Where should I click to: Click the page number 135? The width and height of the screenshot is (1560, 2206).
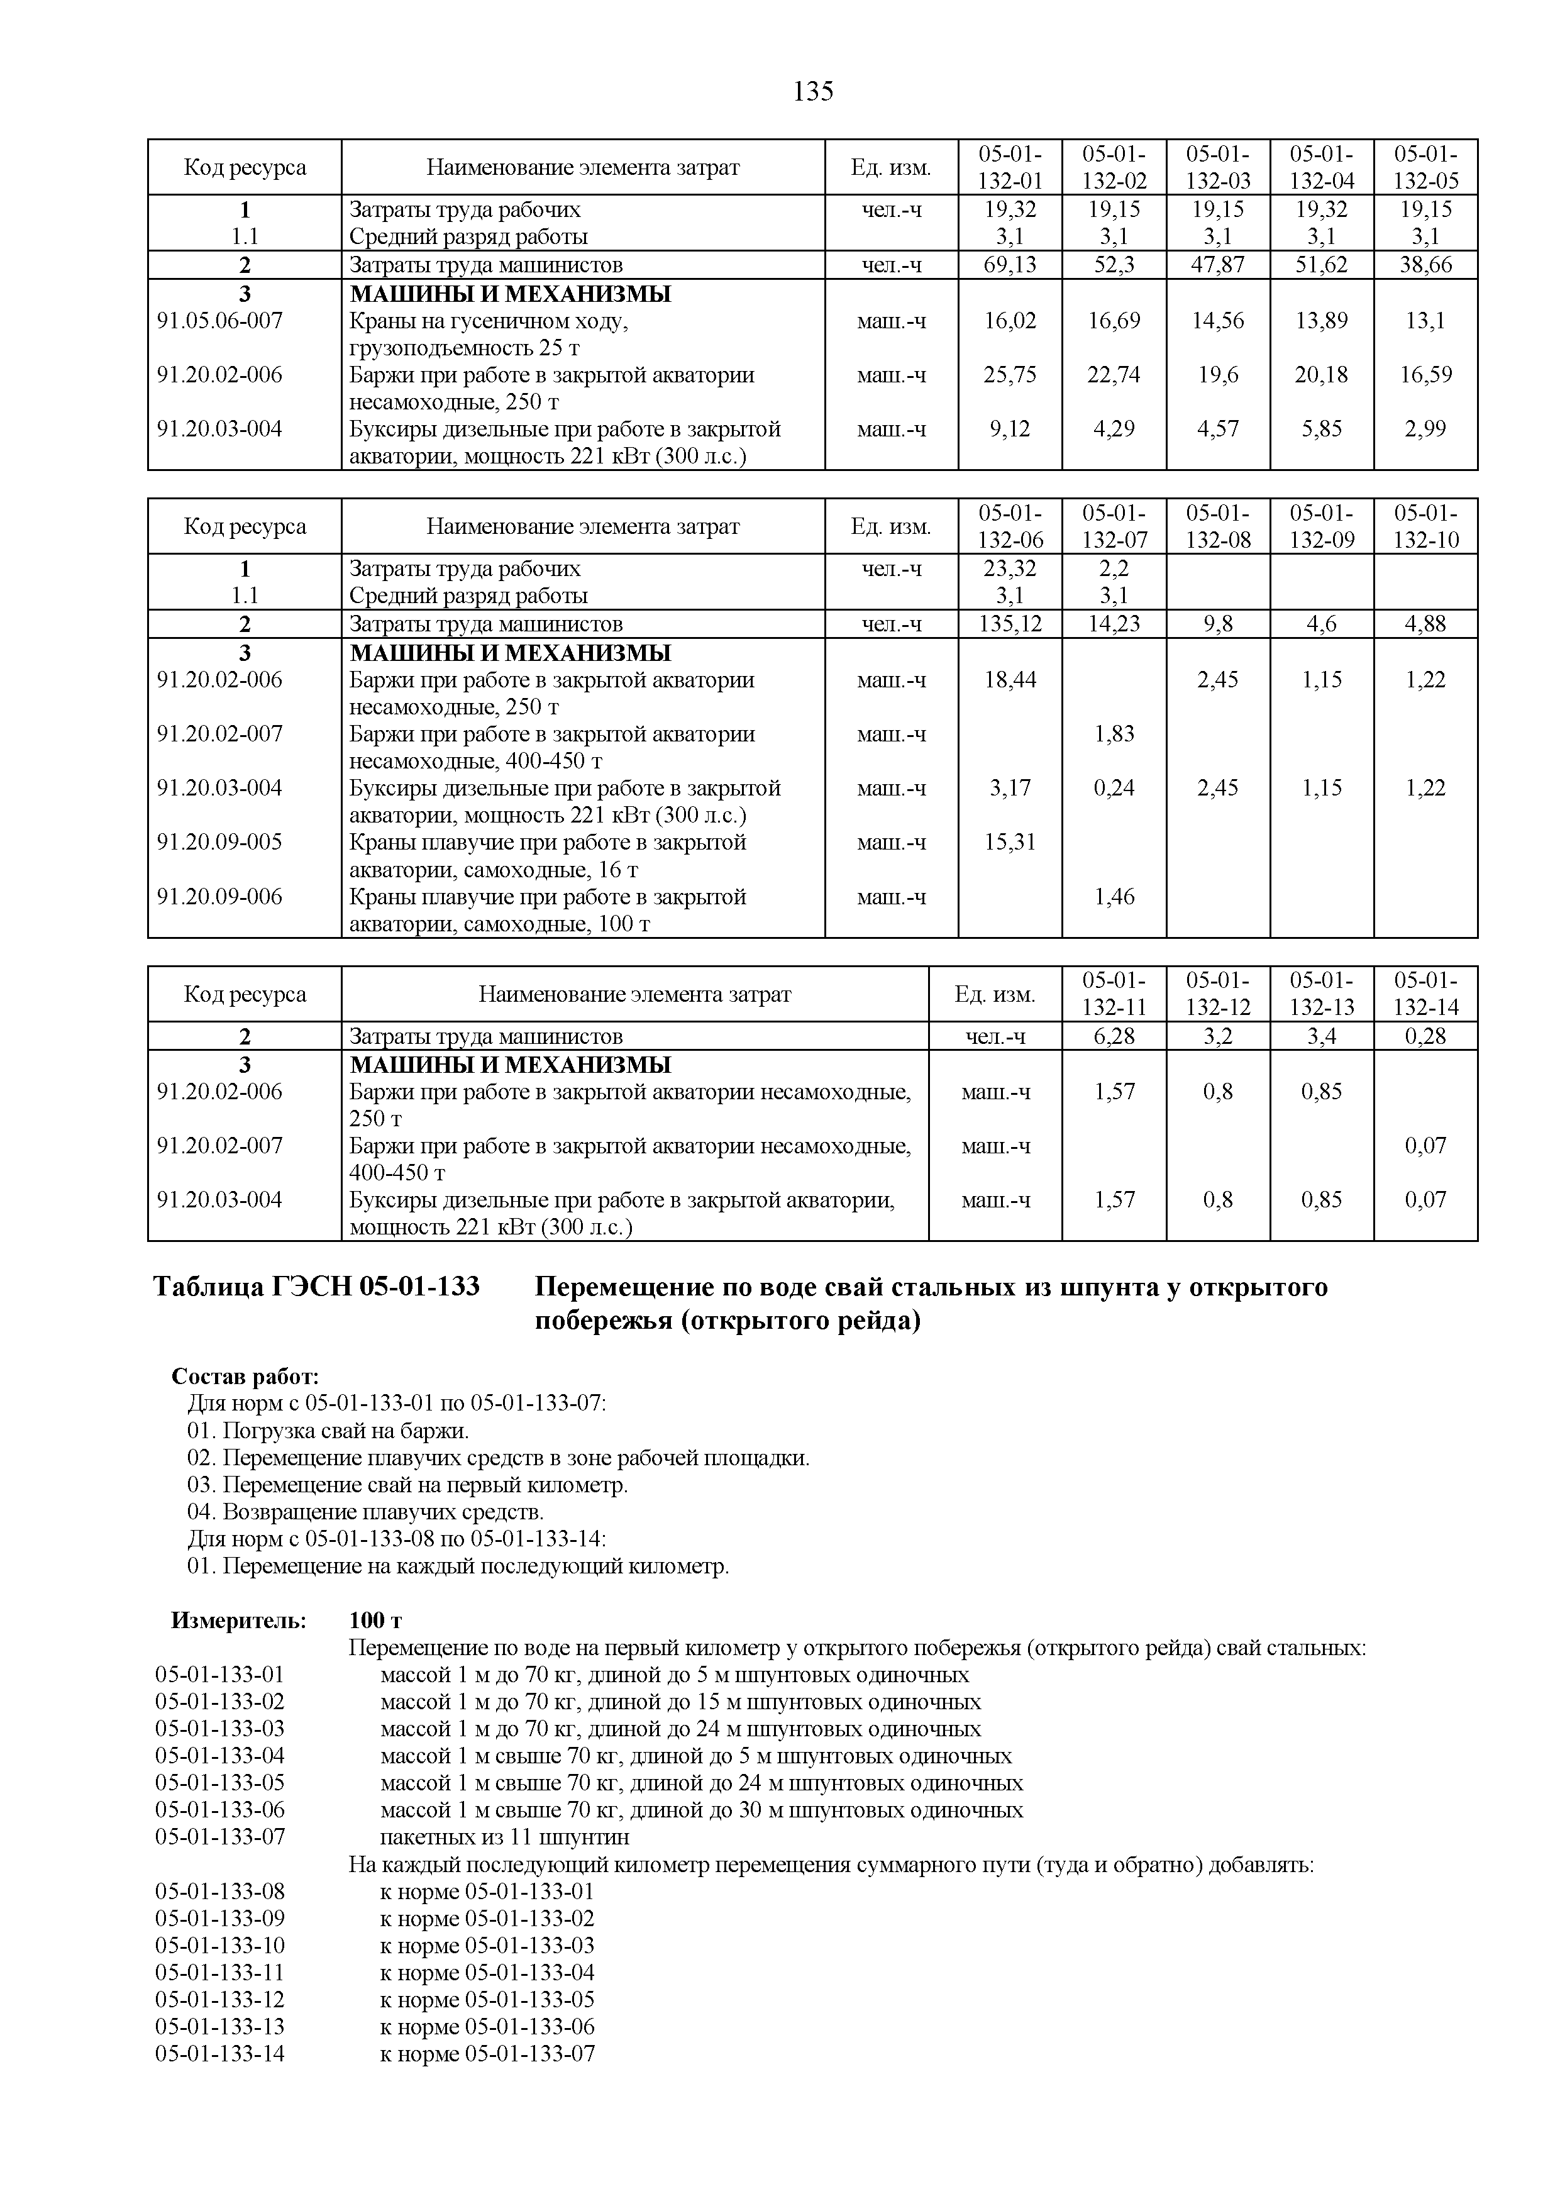pyautogui.click(x=814, y=92)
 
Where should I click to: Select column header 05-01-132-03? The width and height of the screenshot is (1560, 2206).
pyautogui.click(x=1217, y=168)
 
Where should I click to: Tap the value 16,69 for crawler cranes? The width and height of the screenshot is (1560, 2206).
pyautogui.click(x=1114, y=321)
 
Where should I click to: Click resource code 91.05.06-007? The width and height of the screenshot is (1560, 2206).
pyautogui.click(x=220, y=321)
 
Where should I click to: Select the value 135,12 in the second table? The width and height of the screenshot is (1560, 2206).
pyautogui.click(x=1010, y=624)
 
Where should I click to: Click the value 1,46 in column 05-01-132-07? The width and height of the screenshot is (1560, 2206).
pyautogui.click(x=1114, y=897)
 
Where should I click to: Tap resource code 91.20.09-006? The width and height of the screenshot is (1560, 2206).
pyautogui.click(x=220, y=897)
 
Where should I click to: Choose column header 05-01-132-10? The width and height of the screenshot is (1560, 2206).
pyautogui.click(x=1425, y=526)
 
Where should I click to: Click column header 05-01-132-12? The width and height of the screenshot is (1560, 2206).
pyautogui.click(x=1217, y=994)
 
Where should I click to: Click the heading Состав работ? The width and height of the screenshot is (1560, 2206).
pyautogui.click(x=245, y=1377)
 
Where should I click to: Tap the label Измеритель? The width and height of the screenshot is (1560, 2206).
pyautogui.click(x=238, y=1621)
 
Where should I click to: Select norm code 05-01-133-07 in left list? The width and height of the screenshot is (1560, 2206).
pyautogui.click(x=220, y=1837)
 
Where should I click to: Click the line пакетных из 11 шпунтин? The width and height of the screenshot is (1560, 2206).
pyautogui.click(x=506, y=1837)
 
